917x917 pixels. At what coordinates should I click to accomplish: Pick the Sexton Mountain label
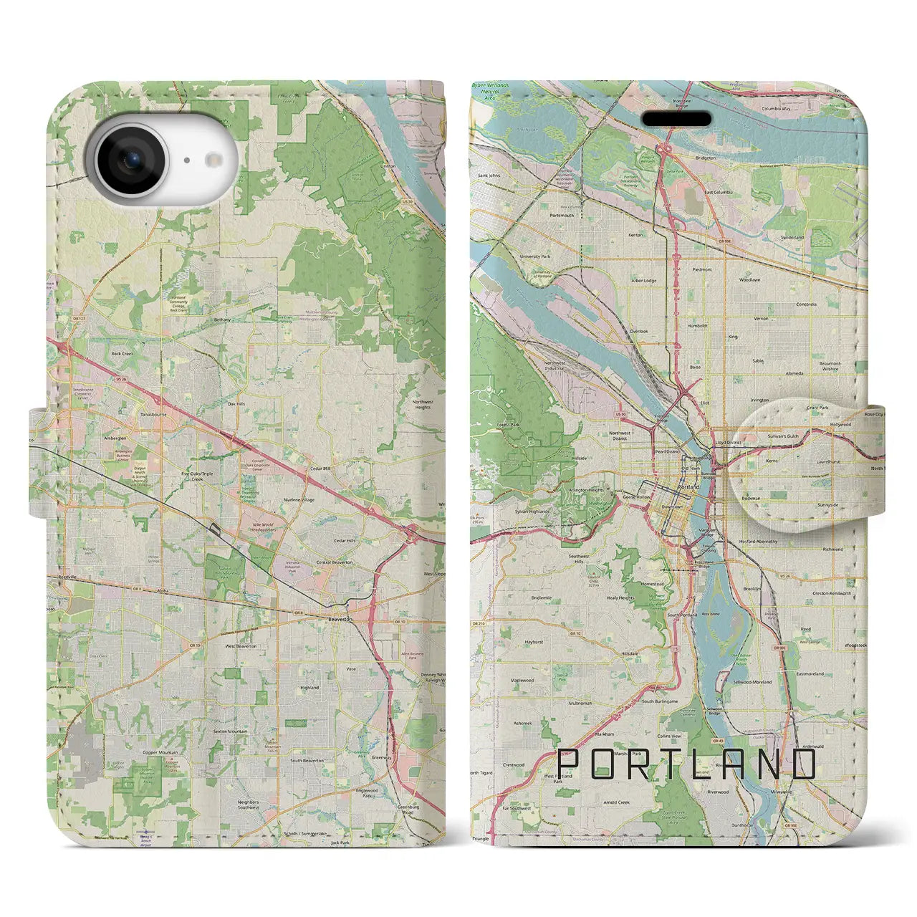229,731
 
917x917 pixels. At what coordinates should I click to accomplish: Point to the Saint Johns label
489,175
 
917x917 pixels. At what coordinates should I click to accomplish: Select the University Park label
535,256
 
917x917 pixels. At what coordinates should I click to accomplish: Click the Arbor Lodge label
644,281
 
